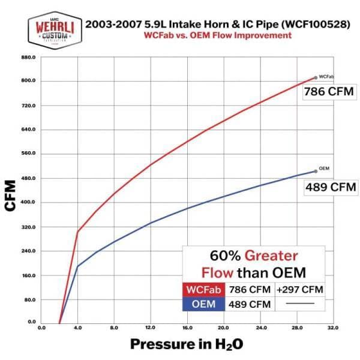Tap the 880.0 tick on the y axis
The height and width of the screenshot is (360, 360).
click(29, 57)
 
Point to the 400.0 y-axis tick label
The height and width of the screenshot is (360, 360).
click(29, 202)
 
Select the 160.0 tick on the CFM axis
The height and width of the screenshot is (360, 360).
click(29, 275)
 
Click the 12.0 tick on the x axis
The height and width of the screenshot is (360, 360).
click(150, 328)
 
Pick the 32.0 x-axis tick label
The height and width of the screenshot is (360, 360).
click(333, 328)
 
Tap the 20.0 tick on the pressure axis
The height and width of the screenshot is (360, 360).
click(223, 328)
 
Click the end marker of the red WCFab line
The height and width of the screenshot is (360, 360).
click(316, 77)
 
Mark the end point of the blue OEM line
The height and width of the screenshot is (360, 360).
click(316, 172)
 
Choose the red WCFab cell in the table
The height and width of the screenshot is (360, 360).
click(205, 290)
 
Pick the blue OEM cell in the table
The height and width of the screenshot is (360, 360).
click(205, 304)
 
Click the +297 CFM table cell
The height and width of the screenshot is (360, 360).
click(300, 290)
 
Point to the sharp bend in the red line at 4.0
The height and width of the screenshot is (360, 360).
click(77, 232)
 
